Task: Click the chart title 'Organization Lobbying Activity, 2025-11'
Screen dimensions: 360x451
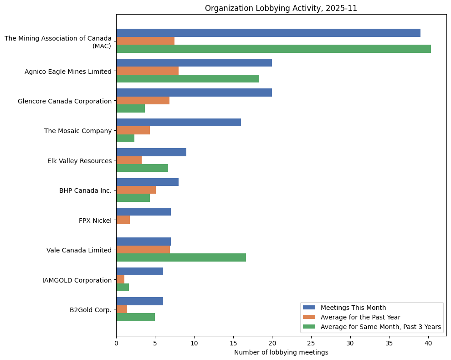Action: pos(281,8)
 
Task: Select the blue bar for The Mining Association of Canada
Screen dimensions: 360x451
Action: pos(268,33)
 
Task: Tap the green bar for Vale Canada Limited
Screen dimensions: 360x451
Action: pos(181,257)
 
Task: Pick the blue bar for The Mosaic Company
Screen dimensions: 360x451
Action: pos(179,123)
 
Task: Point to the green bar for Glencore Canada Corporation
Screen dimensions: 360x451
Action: pos(130,108)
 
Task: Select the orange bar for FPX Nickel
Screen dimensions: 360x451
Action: pos(123,220)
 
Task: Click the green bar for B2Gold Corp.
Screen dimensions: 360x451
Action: pos(135,317)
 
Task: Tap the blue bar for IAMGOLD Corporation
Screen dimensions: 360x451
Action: pos(139,272)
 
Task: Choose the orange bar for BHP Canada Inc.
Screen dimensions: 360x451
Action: pos(136,190)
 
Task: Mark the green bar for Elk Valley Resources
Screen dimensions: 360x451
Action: pos(142,168)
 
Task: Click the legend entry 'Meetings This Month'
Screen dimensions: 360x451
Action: pos(353,307)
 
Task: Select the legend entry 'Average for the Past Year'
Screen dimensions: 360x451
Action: pos(359,317)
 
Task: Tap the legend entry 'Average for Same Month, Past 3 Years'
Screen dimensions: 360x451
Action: pos(380,327)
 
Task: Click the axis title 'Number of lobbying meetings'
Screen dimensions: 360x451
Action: pos(281,352)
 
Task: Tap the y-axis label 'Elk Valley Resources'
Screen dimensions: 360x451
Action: pos(79,161)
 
